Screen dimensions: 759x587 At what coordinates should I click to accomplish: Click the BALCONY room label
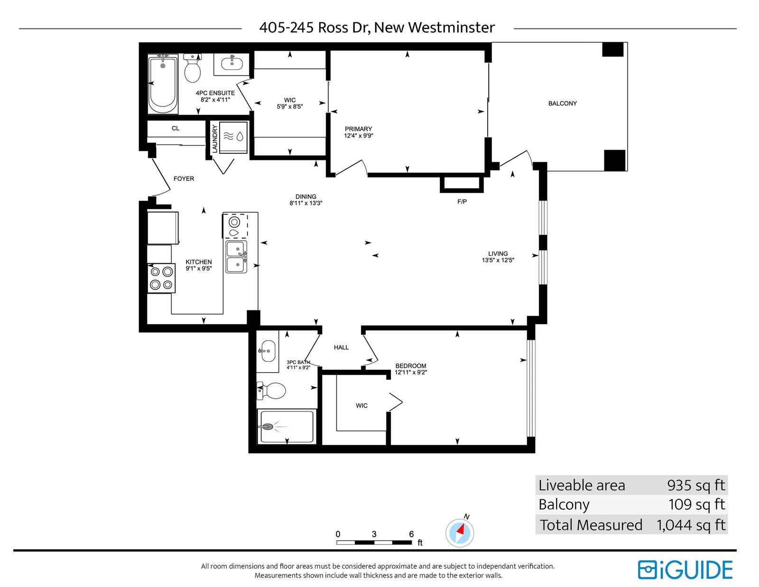pos(562,103)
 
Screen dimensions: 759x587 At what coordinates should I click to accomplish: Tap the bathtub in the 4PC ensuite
pos(163,84)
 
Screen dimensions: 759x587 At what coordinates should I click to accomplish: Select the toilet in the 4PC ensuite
pos(193,68)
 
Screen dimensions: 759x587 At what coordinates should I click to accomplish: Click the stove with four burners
pos(161,278)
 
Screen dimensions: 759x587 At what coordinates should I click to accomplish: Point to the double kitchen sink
pos(236,257)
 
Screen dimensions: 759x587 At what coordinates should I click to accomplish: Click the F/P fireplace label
pos(462,202)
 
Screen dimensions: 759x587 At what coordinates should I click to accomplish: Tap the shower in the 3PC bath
pos(287,427)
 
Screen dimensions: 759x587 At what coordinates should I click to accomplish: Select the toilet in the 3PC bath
pos(271,391)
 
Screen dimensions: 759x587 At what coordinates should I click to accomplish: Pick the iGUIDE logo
pos(685,570)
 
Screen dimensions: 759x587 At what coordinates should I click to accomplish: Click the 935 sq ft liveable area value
pos(696,485)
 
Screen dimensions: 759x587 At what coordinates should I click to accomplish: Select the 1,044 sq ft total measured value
pos(691,525)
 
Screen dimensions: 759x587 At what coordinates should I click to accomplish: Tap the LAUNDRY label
pos(215,139)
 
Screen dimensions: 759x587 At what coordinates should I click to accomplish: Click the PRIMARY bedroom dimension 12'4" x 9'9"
pos(358,136)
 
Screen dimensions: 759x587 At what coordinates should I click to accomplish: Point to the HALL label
pos(341,347)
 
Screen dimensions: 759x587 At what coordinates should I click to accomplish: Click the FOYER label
pos(184,178)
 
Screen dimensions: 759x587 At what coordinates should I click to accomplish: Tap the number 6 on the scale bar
pos(411,534)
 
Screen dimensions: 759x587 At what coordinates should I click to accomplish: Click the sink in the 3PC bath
pos(268,351)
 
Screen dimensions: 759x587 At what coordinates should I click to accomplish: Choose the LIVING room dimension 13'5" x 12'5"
pos(498,260)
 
